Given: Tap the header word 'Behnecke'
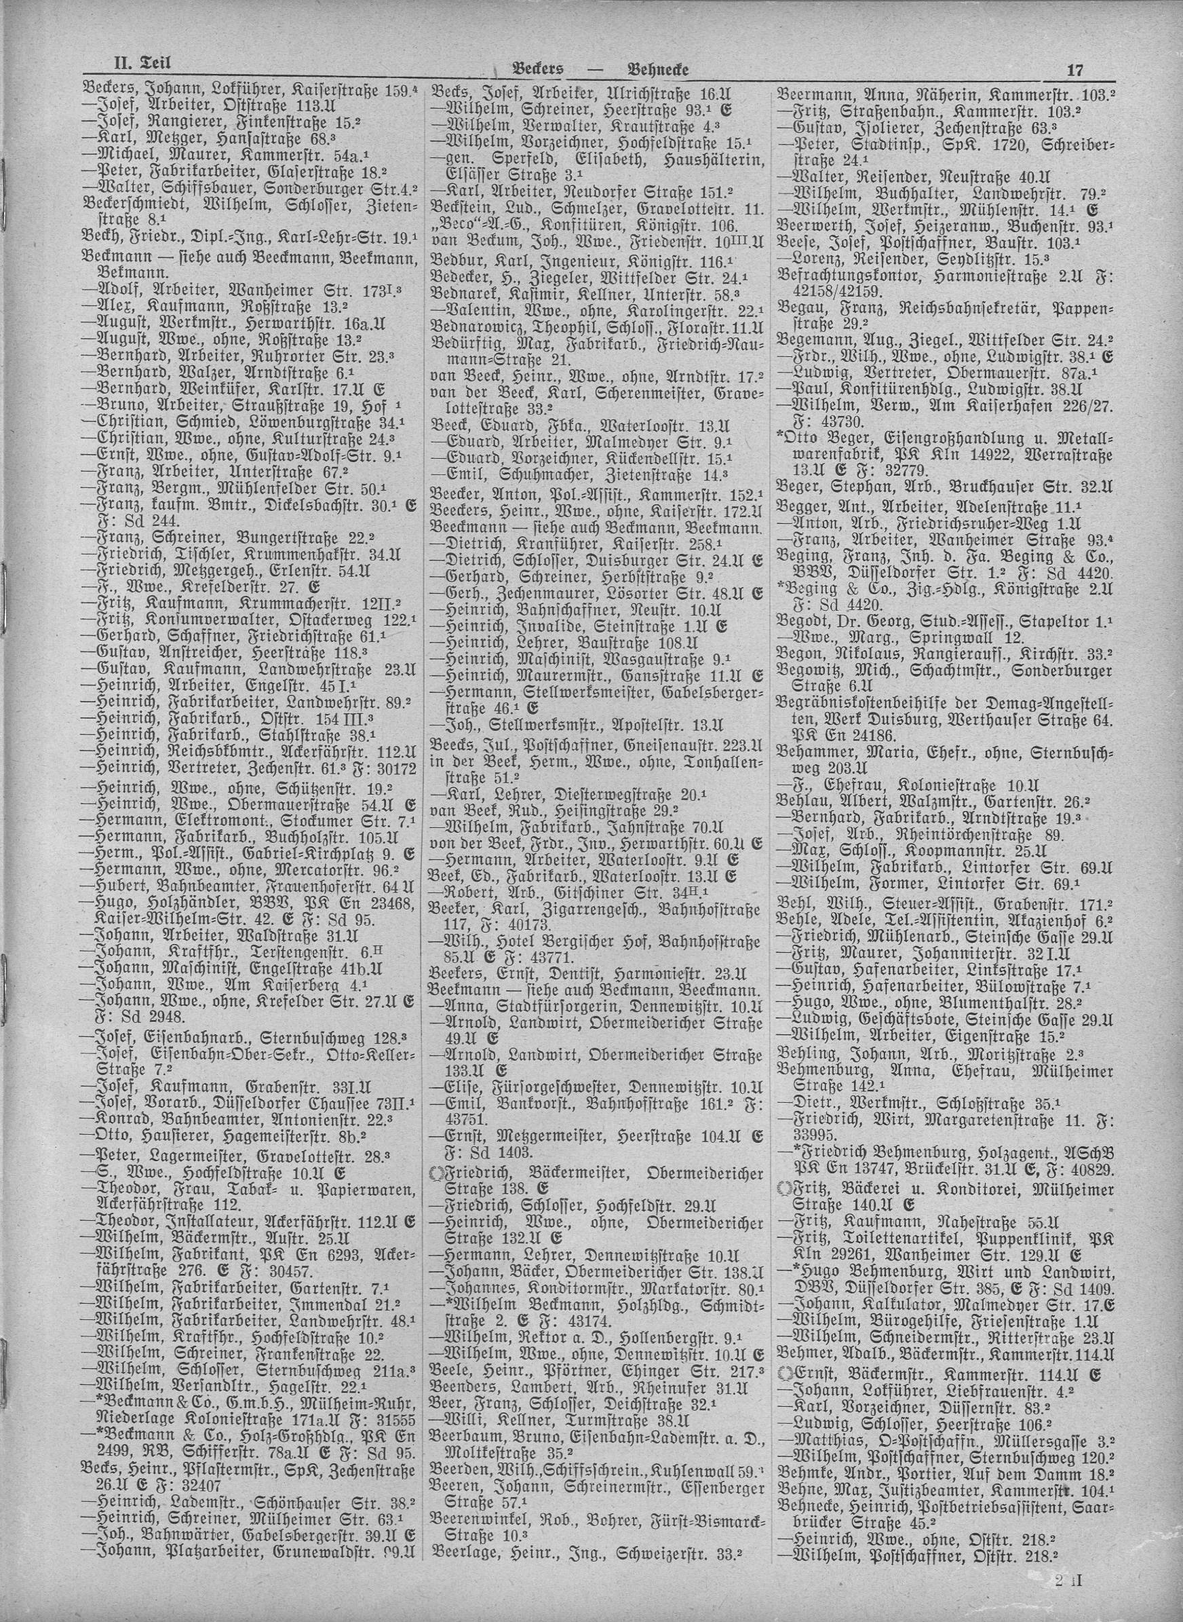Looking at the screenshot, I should (657, 69).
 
